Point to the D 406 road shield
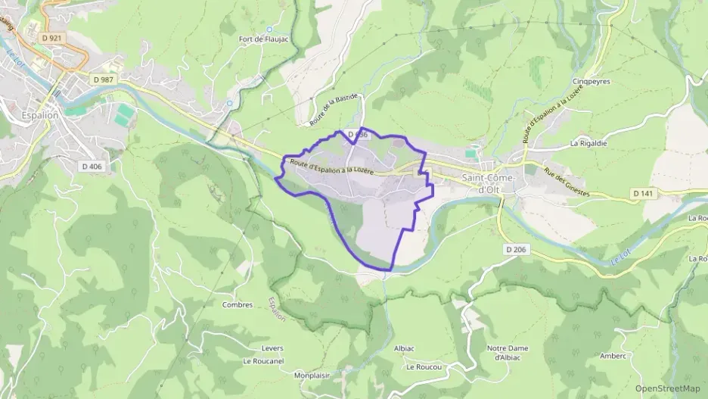(89, 167)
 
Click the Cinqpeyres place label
(591, 82)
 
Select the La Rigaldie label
(589, 142)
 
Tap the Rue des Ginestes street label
(567, 182)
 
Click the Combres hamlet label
(237, 305)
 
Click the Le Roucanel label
(263, 361)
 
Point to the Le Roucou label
(423, 366)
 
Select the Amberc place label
(613, 356)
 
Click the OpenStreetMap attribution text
(668, 388)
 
